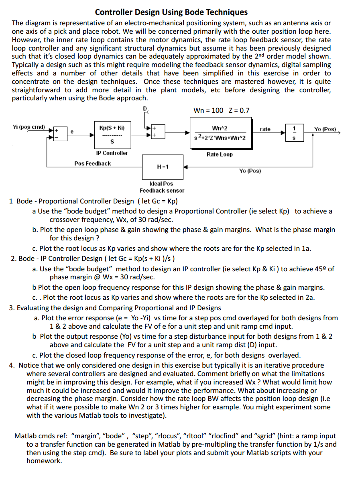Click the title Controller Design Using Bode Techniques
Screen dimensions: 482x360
click(171, 12)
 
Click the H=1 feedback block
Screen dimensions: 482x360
click(163, 167)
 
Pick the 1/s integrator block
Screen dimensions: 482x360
click(295, 133)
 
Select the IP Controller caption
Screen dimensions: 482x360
click(112, 153)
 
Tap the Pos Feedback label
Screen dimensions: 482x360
click(93, 163)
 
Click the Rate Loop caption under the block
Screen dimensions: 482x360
click(220, 155)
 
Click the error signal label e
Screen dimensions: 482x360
click(72, 130)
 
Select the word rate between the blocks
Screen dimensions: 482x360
click(265, 129)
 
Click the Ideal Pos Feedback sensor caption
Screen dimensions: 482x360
click(162, 187)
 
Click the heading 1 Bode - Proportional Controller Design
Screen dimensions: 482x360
click(94, 201)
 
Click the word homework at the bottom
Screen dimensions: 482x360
click(44, 461)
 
